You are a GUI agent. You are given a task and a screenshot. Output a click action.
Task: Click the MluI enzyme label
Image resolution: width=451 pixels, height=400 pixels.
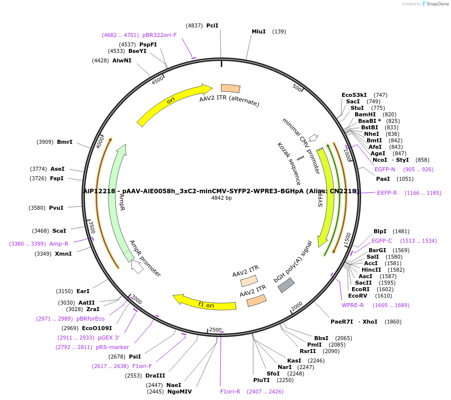[259, 31]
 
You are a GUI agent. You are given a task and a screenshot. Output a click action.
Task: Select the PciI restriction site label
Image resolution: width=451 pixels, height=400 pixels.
[212, 25]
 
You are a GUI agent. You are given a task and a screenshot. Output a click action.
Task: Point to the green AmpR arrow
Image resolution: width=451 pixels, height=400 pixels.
[117, 200]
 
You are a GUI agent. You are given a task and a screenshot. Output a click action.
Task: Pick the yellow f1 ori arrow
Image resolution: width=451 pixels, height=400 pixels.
[205, 303]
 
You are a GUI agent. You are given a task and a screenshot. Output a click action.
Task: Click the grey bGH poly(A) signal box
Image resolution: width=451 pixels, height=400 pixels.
[286, 285]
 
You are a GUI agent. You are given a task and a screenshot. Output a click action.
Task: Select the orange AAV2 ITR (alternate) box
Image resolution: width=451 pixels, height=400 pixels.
[231, 88]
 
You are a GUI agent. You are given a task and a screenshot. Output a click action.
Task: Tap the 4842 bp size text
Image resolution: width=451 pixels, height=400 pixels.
[222, 198]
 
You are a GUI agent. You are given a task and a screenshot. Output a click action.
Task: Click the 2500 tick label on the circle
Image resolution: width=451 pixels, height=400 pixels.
[215, 330]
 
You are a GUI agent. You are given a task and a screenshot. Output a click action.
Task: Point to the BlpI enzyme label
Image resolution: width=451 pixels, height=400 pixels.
[380, 231]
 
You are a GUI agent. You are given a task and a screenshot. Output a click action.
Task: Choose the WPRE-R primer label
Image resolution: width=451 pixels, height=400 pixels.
[353, 305]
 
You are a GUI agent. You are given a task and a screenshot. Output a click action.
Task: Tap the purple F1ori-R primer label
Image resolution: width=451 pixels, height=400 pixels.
[230, 392]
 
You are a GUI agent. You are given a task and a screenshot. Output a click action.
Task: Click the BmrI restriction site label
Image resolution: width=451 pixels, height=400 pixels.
[65, 142]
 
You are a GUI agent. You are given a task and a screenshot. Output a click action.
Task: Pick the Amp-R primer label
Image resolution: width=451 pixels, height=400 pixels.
[58, 244]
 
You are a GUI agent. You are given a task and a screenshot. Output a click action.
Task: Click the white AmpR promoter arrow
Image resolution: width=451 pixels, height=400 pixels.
[137, 267]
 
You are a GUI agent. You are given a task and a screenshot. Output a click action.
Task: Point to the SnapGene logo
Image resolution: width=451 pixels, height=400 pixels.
[436, 4]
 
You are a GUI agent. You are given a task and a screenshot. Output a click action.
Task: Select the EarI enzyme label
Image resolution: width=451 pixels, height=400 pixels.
[83, 291]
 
